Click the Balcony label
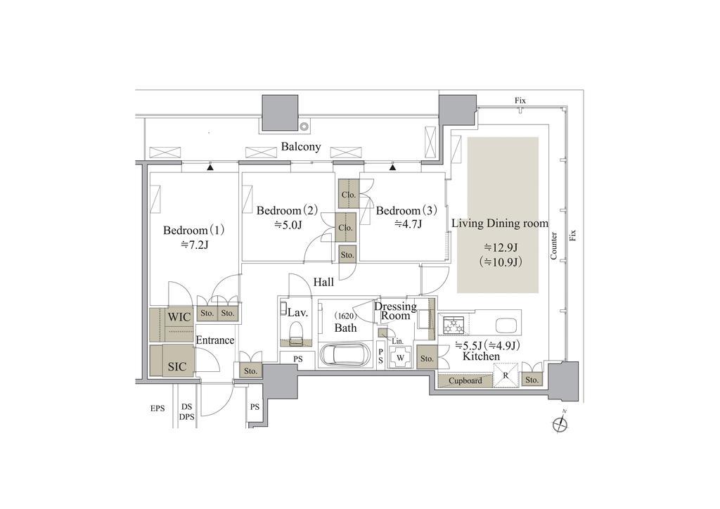[x=301, y=147]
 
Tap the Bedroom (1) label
[x=194, y=230]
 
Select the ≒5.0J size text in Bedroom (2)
[x=288, y=225]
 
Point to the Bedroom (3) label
[x=406, y=211]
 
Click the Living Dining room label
[x=500, y=224]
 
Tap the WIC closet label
[x=179, y=316]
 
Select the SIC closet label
[x=177, y=366]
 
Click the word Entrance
[x=215, y=340]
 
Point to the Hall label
[x=323, y=282]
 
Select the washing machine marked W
[x=400, y=358]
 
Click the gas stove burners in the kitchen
[x=454, y=325]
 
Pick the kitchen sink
[x=506, y=325]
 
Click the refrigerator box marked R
[x=506, y=375]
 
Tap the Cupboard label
[x=465, y=380]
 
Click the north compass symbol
[x=560, y=424]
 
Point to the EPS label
[x=157, y=408]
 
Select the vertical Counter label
[x=554, y=246]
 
